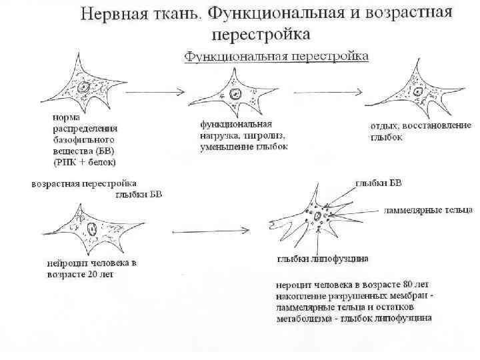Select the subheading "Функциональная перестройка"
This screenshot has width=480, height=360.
click(x=276, y=57)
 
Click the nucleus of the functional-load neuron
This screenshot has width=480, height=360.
click(x=235, y=94)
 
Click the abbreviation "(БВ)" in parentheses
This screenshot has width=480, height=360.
click(x=104, y=151)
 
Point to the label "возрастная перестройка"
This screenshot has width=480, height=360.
click(x=85, y=183)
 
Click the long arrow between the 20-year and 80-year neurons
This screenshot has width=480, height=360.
click(x=213, y=231)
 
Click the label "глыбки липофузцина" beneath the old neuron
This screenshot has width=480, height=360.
click(x=323, y=259)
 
